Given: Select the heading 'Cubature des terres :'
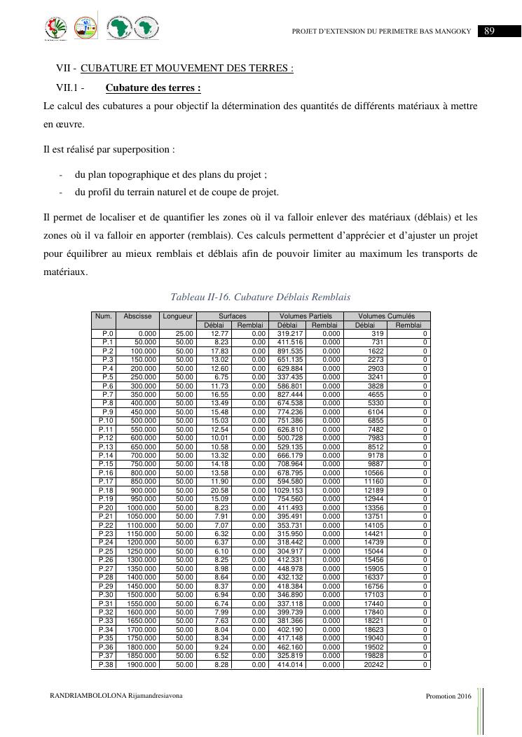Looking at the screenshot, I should (x=153, y=88).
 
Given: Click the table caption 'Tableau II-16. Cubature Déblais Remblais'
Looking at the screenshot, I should (x=261, y=297).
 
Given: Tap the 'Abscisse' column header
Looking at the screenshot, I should (x=137, y=316).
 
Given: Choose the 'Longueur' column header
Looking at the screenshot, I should (x=177, y=316).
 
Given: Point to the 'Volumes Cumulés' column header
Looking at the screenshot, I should (x=387, y=316).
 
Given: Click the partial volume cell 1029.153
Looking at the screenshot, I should (x=288, y=490).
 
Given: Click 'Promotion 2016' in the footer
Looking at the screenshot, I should (x=448, y=697).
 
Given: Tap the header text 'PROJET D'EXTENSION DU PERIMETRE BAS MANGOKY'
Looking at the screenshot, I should (x=385, y=31).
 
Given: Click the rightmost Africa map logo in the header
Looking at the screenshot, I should (x=146, y=28).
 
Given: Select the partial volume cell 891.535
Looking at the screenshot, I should (x=289, y=351).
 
